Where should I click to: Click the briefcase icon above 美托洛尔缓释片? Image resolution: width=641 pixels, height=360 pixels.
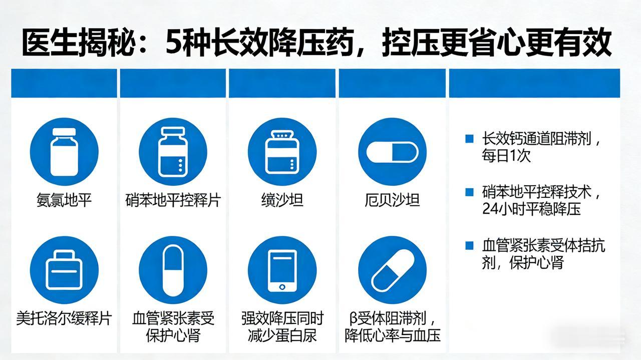[x=64, y=270]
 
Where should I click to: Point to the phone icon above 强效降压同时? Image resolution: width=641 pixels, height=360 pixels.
[x=282, y=270]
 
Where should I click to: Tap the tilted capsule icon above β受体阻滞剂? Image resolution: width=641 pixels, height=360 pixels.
[x=392, y=270]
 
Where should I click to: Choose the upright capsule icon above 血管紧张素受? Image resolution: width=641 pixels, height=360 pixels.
[x=173, y=270]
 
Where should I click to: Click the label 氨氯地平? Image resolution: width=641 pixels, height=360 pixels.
[x=64, y=201]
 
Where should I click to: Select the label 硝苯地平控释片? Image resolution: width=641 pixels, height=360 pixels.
[x=173, y=201]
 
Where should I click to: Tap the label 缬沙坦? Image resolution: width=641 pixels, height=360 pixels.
[x=282, y=201]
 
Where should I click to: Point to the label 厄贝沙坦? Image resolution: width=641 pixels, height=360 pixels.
[x=392, y=201]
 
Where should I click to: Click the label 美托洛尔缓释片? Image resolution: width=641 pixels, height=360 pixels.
[x=64, y=318]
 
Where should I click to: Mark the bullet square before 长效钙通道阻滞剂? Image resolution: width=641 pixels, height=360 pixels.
[x=469, y=139]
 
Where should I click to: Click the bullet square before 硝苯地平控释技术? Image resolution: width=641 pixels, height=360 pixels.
[x=469, y=192]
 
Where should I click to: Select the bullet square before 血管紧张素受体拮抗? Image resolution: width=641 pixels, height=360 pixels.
[x=469, y=245]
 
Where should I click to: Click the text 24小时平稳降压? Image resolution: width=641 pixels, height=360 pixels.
[x=531, y=209]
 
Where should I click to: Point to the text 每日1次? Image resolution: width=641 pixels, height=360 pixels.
[x=506, y=156]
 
